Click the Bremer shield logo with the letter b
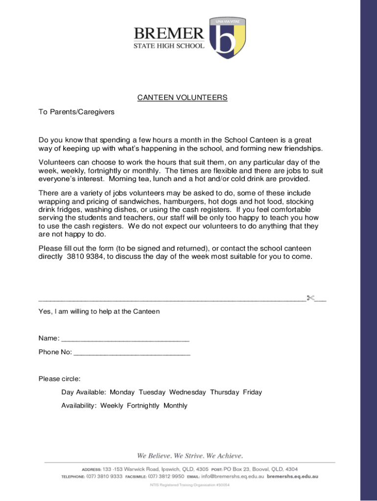click(227, 39)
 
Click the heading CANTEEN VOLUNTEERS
click(182, 98)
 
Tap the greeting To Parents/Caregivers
click(76, 112)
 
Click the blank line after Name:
click(125, 339)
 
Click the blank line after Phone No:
click(132, 352)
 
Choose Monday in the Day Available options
click(122, 392)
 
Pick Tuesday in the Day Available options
click(152, 392)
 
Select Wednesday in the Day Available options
click(188, 392)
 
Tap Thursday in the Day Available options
click(225, 392)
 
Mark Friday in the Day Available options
click(253, 392)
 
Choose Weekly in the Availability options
click(112, 406)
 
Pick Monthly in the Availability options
click(175, 406)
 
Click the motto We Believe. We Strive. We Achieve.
click(190, 456)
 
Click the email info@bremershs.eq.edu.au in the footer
click(233, 476)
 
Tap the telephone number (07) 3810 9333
click(104, 476)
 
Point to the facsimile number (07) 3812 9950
click(166, 476)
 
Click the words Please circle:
click(59, 379)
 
